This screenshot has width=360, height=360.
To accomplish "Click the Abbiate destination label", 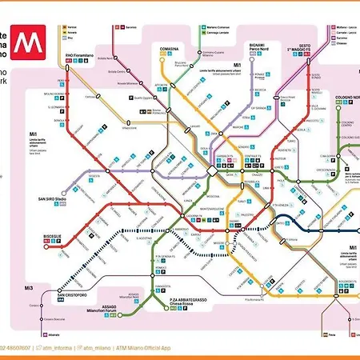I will click(44, 332).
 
